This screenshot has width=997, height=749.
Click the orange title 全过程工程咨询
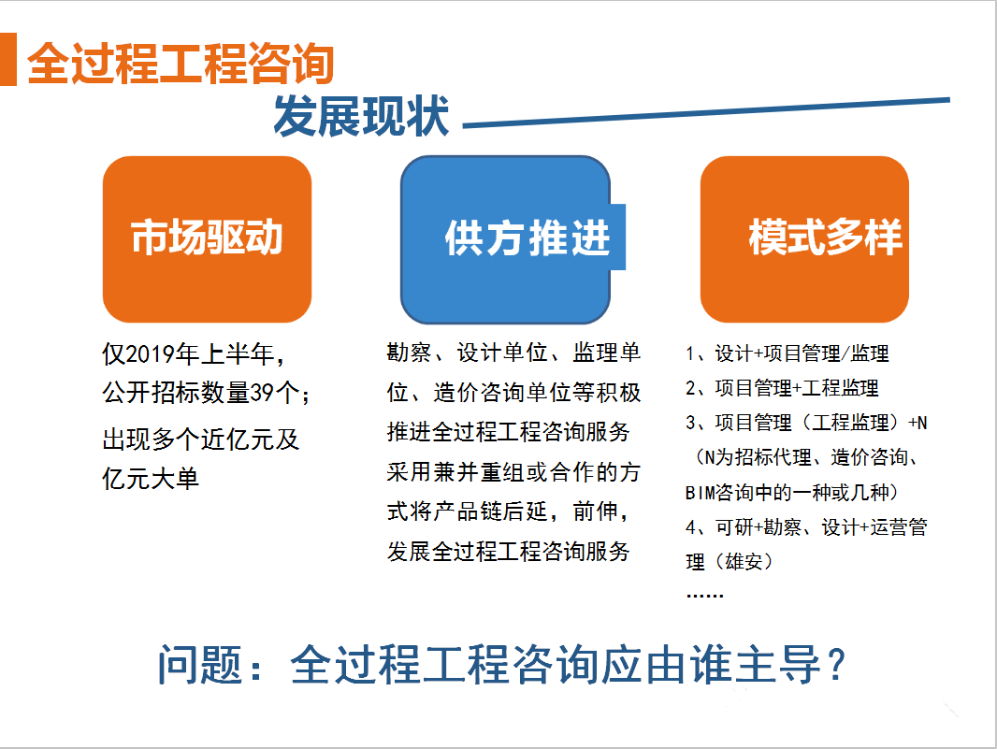point(181,64)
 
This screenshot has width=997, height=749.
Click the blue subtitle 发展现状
point(361,116)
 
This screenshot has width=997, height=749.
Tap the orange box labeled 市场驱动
point(208,239)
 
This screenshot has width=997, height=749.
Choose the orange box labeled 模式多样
point(804,239)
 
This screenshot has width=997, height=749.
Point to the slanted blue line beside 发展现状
point(706,112)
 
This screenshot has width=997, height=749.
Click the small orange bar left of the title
point(8,59)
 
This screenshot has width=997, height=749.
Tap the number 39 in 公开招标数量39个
point(261,393)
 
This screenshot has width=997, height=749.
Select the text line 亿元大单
point(151,478)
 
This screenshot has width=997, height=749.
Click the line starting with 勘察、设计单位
point(513,353)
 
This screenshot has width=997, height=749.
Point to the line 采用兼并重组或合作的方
point(513,472)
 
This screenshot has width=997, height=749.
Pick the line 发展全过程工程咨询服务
point(508,552)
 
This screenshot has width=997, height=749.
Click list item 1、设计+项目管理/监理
point(787,353)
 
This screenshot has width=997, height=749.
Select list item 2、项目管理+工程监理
point(782,388)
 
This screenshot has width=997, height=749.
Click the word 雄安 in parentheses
point(744,562)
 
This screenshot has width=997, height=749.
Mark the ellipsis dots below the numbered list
point(705,596)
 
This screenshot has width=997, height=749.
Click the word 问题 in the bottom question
point(200,665)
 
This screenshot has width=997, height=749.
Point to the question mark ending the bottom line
point(837,665)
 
